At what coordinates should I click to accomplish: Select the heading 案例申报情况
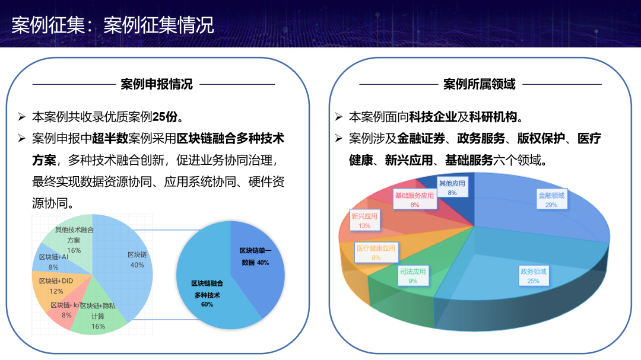(x=157, y=84)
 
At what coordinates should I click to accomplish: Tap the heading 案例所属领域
(x=480, y=84)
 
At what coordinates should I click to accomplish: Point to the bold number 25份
(x=165, y=117)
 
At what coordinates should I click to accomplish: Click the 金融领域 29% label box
(x=551, y=199)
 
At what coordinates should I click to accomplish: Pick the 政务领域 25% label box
(x=533, y=276)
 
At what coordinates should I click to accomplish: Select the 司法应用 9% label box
(x=413, y=276)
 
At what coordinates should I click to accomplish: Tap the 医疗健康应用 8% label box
(x=376, y=253)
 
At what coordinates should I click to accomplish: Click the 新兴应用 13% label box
(x=364, y=221)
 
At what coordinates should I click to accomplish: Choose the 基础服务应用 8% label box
(x=414, y=200)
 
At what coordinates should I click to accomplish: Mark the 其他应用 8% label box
(x=452, y=187)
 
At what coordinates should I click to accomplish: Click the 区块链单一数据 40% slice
(x=255, y=262)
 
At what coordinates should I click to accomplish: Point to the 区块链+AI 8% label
(x=53, y=262)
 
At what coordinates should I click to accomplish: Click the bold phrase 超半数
(x=110, y=139)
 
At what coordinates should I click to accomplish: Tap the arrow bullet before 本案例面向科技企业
(x=338, y=117)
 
